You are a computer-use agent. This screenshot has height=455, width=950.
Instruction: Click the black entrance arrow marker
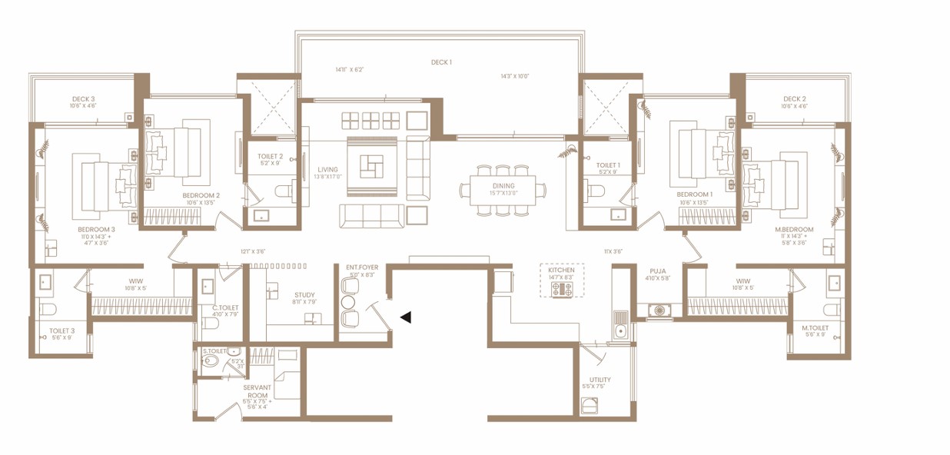404,317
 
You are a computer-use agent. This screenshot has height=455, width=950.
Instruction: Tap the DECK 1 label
440,62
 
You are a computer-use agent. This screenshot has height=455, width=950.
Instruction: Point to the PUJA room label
656,271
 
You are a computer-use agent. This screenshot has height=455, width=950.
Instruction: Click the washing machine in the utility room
590,405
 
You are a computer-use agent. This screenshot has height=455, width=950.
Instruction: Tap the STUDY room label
304,294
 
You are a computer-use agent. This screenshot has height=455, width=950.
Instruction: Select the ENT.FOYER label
362,267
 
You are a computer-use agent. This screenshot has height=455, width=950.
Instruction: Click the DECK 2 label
794,99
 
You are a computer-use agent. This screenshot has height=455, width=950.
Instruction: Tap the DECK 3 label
83,99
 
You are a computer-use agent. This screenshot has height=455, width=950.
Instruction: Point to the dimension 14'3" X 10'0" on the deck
515,76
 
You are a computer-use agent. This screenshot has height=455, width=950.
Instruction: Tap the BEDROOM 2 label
201,195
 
